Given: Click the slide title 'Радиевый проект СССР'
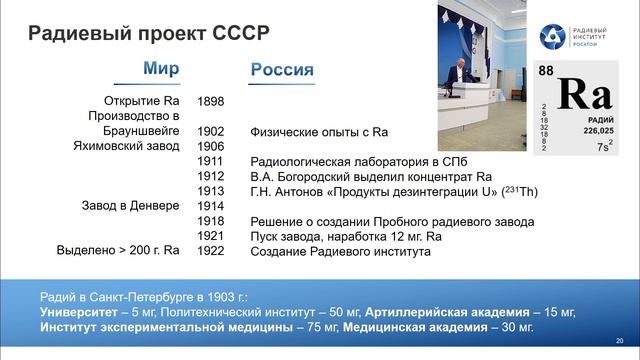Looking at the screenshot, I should (147, 32).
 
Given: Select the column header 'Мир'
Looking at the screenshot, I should (161, 69).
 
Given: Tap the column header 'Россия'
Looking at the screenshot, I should (280, 70).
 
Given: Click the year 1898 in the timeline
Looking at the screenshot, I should (211, 101).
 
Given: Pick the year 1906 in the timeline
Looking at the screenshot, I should (211, 146).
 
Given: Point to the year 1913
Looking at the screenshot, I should (211, 191).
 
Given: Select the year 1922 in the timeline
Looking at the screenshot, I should (211, 251).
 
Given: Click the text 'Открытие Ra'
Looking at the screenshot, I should (141, 101).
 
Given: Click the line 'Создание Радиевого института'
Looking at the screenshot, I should (340, 251).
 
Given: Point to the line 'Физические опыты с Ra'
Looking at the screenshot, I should (319, 131).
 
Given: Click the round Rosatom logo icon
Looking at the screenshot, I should (552, 37).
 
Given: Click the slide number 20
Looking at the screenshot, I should (620, 340).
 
